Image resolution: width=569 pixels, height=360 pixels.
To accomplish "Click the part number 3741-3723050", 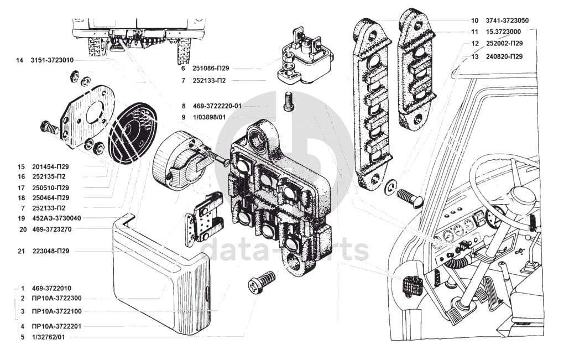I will [507, 20].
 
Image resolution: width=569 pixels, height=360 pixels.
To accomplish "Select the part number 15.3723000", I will [503, 32].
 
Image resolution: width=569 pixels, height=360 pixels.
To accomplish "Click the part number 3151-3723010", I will [53, 60].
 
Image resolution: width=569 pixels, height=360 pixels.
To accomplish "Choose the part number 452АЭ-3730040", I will [56, 218].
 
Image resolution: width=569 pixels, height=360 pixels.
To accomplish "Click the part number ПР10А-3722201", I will [56, 326].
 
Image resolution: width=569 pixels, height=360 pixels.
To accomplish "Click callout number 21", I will [22, 252].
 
